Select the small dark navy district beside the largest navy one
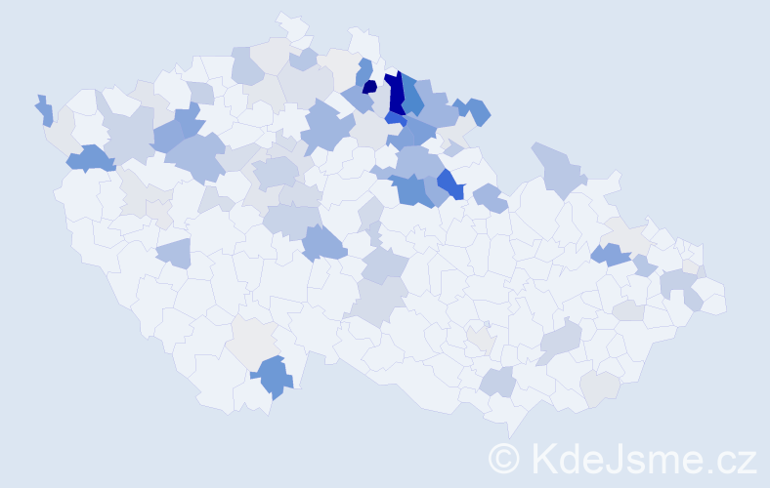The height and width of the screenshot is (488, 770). coord(369,87)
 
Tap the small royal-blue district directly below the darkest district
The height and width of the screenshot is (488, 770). coord(395,118)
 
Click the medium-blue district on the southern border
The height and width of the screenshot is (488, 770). coord(273,376)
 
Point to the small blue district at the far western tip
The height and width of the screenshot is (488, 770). coord(44,110)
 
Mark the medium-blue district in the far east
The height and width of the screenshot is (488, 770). coord(611,255)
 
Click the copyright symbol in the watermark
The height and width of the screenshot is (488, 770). coord(504,458)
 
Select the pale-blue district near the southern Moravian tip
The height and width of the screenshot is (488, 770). coord(498,382)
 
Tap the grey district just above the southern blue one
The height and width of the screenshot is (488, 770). coord(256,342)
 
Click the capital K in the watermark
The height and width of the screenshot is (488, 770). coord(542,458)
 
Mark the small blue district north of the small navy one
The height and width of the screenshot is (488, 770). coord(364,70)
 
